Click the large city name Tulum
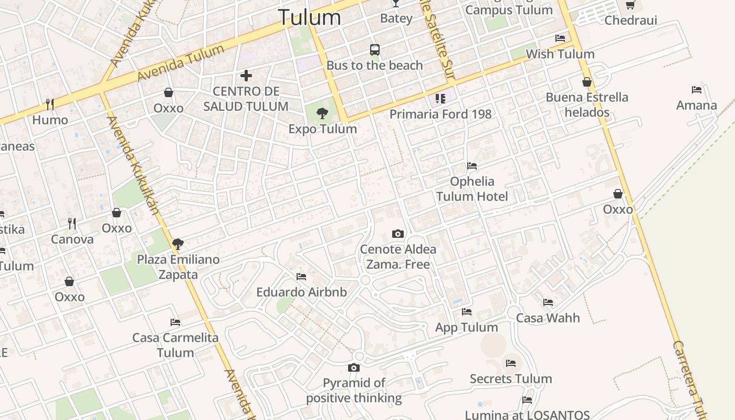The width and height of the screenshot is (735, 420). tap(309, 17)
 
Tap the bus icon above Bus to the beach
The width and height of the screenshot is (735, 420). tap(374, 50)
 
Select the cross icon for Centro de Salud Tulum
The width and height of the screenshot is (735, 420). tap(246, 76)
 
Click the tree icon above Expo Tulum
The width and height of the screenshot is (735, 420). tap(322, 113)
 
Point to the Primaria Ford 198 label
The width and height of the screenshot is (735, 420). tap(440, 114)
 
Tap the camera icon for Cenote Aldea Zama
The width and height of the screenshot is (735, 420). tap(398, 234)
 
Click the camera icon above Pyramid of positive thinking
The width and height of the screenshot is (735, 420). tap(354, 367)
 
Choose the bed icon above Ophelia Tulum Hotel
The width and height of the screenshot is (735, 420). tap(472, 166)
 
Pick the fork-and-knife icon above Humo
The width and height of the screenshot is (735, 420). tap(50, 104)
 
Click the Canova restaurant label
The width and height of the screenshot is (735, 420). tap(72, 239)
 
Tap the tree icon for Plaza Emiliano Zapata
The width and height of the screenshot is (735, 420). tap(178, 244)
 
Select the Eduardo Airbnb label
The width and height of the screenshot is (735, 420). tap(301, 292)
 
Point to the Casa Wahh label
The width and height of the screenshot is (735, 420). tap(548, 318)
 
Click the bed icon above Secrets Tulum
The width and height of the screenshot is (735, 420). tap(511, 363)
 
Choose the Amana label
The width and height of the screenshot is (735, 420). tap(696, 105)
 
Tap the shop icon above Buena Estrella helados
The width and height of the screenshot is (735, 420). tap(587, 82)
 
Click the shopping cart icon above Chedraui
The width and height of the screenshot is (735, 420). tap(630, 5)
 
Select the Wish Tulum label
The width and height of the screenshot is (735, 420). tap(560, 54)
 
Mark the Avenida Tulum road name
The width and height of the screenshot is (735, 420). tap(181, 63)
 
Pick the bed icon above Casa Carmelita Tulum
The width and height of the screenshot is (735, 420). tap(175, 322)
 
